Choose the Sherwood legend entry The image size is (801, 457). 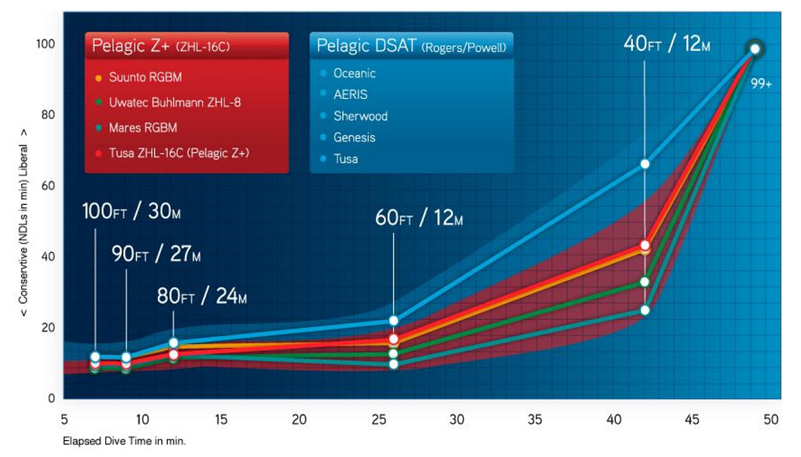(360, 116)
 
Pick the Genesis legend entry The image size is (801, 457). (354, 138)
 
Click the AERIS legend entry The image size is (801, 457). (350, 94)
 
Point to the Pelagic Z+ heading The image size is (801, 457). (160, 46)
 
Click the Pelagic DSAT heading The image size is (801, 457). (411, 46)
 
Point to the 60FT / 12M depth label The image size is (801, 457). (419, 220)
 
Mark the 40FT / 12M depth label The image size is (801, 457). (666, 43)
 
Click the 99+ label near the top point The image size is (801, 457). (762, 83)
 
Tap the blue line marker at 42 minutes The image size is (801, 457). (645, 164)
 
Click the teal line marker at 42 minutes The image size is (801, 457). (645, 310)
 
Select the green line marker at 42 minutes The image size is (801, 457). (645, 281)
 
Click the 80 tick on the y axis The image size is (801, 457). (48, 115)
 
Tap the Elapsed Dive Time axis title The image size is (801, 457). (124, 442)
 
